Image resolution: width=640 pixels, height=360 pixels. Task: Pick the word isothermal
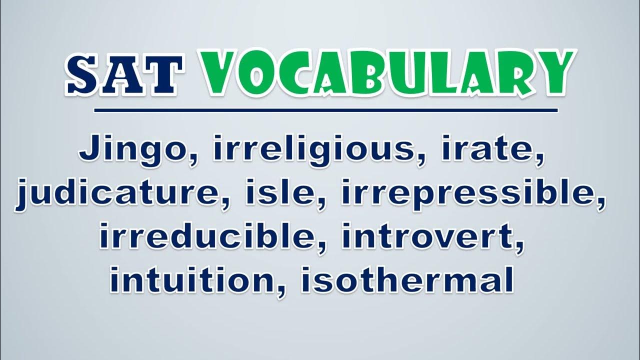407,279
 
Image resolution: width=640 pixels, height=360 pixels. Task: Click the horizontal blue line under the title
326,110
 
